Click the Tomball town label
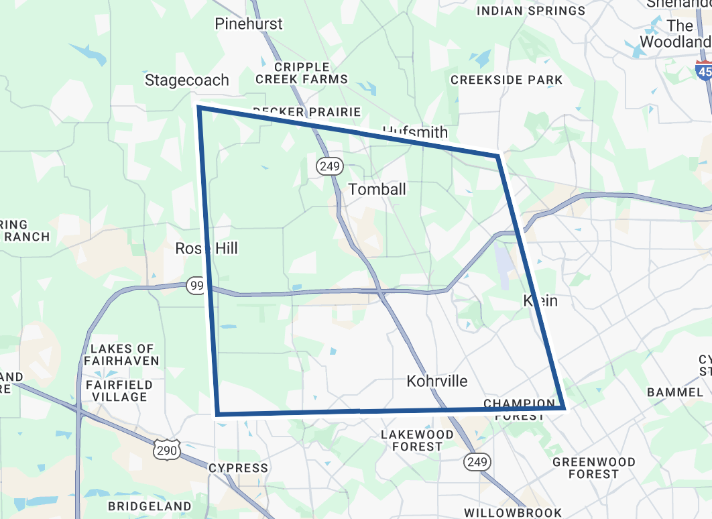[377, 189]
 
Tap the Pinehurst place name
[249, 24]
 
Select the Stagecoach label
[187, 80]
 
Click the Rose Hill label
[206, 249]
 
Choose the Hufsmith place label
[415, 131]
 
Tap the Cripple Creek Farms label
[302, 73]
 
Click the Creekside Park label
[507, 80]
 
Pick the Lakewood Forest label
[417, 440]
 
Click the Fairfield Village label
[119, 391]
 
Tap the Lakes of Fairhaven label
[121, 355]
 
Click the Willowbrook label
[513, 513]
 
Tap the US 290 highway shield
[166, 450]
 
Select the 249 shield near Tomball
[331, 166]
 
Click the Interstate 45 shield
[703, 70]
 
